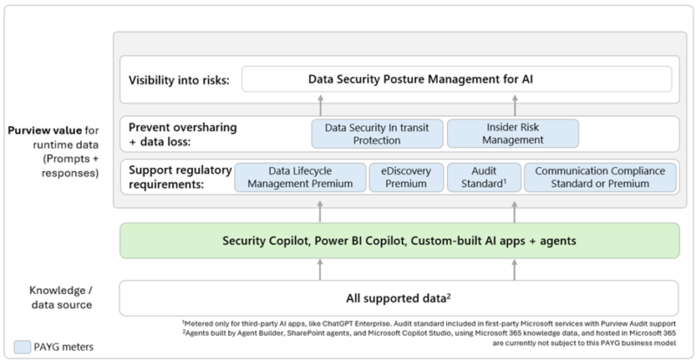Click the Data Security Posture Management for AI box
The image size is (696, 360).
tap(456, 79)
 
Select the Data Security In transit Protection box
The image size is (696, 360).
tap(378, 134)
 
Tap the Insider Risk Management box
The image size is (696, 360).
tap(512, 134)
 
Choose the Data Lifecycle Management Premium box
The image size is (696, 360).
tap(300, 177)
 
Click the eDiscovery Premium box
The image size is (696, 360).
tap(406, 177)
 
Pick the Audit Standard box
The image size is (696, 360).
tap(484, 177)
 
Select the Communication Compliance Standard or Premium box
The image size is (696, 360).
tap(600, 177)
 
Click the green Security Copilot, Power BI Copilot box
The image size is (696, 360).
tap(399, 241)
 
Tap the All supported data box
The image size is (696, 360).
tap(398, 298)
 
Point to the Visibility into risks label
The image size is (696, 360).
tap(179, 80)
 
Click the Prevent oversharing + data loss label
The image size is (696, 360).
tap(183, 134)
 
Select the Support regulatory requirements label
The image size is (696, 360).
tap(180, 177)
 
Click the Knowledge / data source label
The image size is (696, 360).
tap(61, 297)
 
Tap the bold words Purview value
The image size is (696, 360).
tap(44, 130)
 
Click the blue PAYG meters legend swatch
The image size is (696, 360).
tap(23, 347)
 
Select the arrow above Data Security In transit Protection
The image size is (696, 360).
tap(320, 105)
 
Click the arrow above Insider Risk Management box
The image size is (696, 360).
tap(514, 105)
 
